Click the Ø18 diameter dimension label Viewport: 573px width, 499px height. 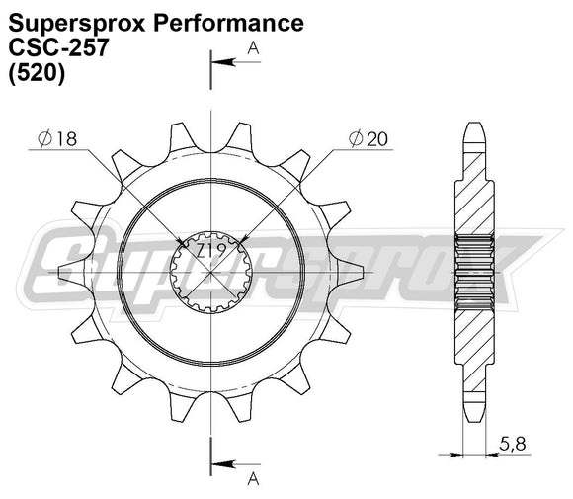click(x=59, y=140)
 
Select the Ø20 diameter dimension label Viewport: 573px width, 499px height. click(x=368, y=140)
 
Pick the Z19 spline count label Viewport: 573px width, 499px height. click(x=208, y=253)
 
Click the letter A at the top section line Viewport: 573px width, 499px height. click(x=253, y=46)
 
